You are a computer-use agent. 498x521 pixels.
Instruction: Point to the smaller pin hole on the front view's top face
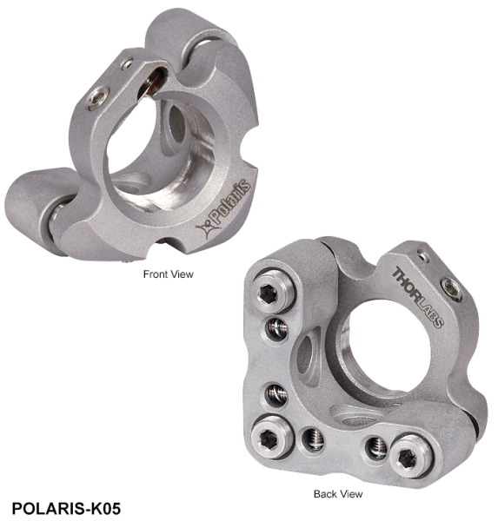click(x=127, y=63)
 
